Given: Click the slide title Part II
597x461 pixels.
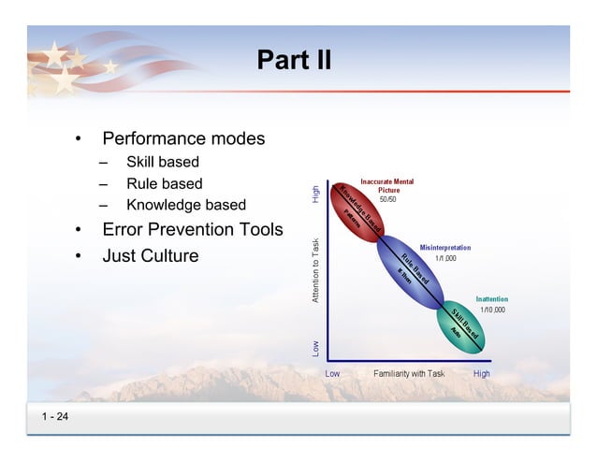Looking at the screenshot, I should coord(294,61).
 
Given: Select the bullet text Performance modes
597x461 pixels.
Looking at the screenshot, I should coord(182,139).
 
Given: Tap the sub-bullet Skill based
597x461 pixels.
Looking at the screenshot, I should coord(163,163).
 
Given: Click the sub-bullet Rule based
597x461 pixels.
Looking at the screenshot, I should coord(164,183).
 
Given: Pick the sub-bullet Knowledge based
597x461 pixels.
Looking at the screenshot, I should coord(186,205).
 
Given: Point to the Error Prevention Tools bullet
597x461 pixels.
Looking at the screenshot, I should coord(192,230).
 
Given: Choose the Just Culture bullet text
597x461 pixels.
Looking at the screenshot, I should coord(150,255).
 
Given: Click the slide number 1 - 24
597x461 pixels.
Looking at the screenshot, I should coord(54,416).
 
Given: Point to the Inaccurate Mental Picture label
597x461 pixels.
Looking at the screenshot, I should coord(387,185).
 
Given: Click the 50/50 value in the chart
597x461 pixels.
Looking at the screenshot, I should coord(387,200).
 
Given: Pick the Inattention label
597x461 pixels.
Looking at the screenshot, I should coord(492,299).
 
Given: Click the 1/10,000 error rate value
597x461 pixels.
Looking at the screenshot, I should coord(492,310).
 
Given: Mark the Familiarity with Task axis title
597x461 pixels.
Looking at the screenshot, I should coord(409,373).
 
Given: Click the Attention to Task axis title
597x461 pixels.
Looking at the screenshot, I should coord(316,269).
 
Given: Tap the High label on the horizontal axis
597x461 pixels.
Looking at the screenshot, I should coord(482,373).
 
